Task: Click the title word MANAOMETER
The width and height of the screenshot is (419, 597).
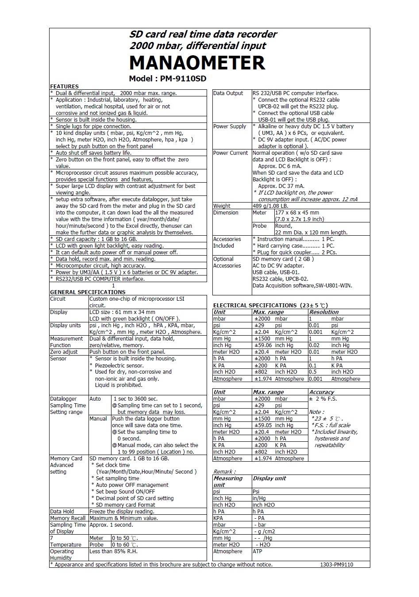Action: click(197, 63)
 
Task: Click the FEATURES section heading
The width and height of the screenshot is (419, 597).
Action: click(64, 86)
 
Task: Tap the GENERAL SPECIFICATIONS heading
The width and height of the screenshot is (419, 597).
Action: click(88, 292)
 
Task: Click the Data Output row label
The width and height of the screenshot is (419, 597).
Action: click(228, 93)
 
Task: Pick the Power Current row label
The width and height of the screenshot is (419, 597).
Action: click(231, 153)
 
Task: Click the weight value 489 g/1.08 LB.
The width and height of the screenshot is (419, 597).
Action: click(270, 206)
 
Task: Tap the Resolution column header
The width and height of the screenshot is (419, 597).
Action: click(323, 312)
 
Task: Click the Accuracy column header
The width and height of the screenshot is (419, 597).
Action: click(321, 392)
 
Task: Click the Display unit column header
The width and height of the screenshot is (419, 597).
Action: click(269, 478)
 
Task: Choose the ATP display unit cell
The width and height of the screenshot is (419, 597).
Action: click(257, 551)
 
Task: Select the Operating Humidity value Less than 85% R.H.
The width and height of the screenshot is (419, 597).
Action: click(113, 551)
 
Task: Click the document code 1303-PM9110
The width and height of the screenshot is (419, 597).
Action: click(336, 565)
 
